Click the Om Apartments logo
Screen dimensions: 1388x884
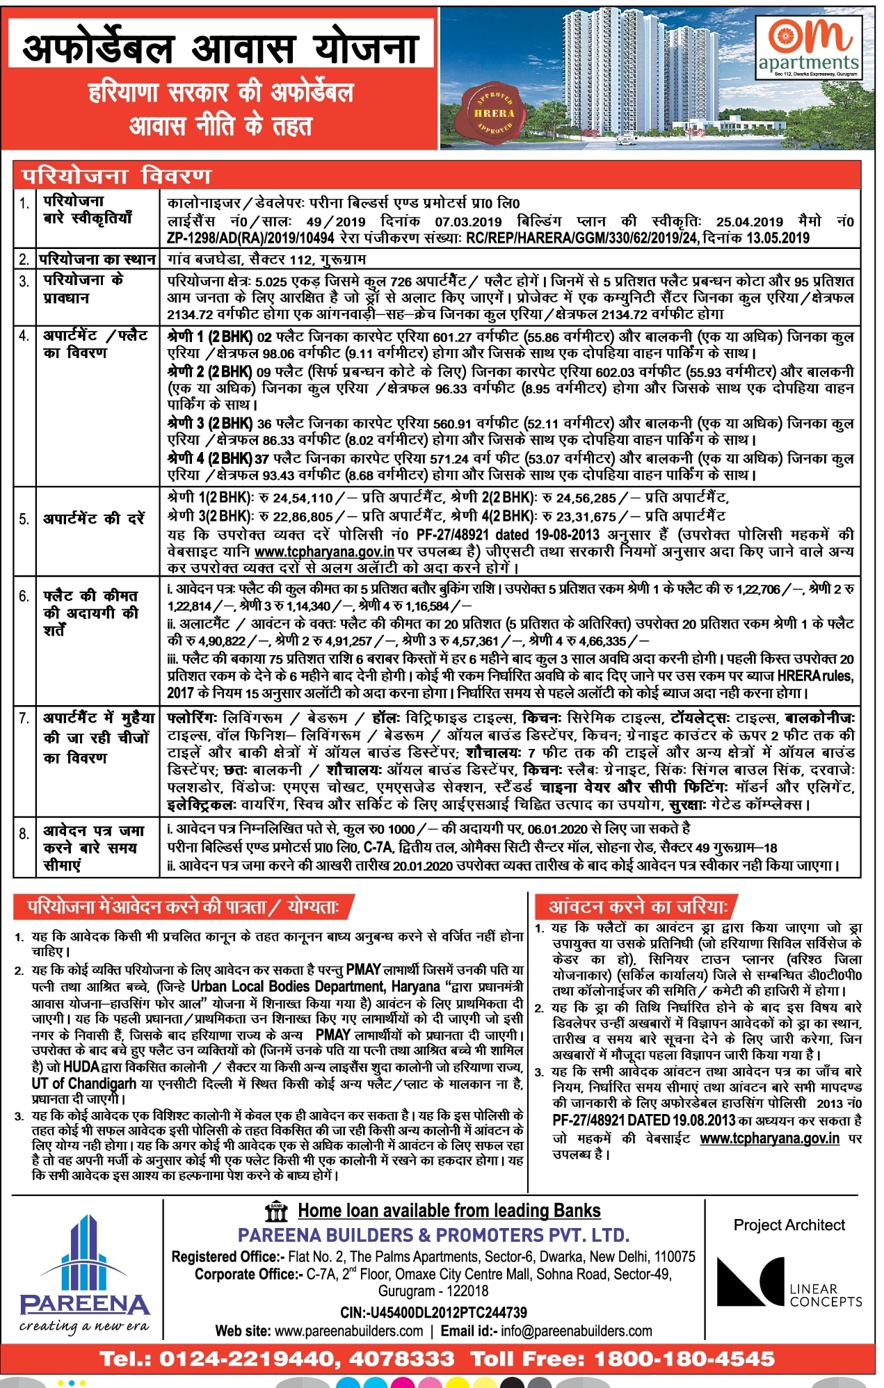(809, 47)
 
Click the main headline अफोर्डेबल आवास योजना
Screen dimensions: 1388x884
(220, 48)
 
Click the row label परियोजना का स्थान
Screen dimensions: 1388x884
(97, 259)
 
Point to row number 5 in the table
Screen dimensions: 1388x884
(24, 519)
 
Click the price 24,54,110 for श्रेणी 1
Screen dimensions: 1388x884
(303, 498)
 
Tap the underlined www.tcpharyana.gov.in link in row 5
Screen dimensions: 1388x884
(324, 551)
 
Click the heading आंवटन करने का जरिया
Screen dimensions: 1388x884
(638, 907)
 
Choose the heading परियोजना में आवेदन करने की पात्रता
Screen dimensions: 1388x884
(183, 907)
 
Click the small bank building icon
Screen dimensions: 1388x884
(277, 1211)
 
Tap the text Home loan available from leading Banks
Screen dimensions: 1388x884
(449, 1211)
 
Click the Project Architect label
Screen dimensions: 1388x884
(789, 1225)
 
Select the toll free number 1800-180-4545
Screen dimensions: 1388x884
(684, 1358)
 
